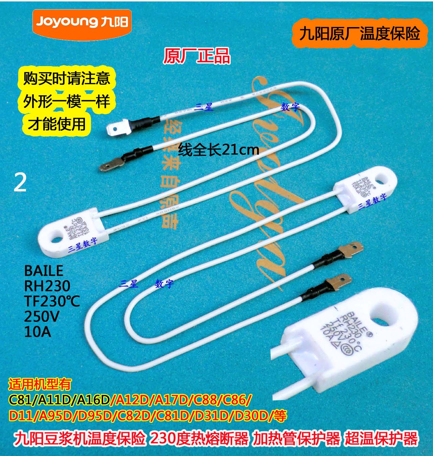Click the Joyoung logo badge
click(x=81, y=22)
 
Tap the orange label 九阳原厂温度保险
click(x=360, y=35)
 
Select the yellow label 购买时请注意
click(x=67, y=78)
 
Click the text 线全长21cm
click(x=219, y=149)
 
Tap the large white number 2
click(x=20, y=183)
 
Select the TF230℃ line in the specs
click(x=52, y=301)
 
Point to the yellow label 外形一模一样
click(x=67, y=101)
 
